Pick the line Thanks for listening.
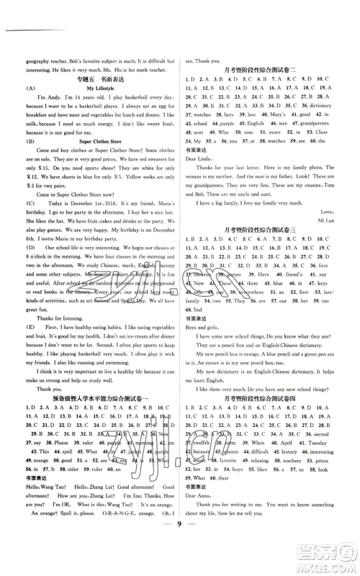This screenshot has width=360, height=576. (53, 394)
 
